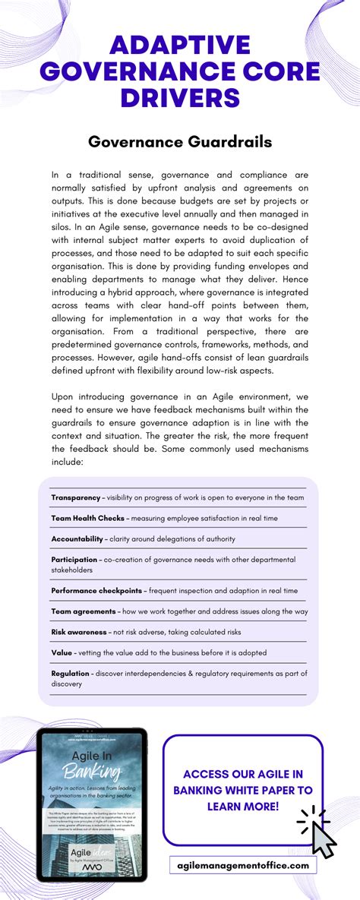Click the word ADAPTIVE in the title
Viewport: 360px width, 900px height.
point(179,46)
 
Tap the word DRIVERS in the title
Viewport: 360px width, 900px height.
point(179,98)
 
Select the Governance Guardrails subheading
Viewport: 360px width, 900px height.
point(180,141)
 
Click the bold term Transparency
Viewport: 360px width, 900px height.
point(75,497)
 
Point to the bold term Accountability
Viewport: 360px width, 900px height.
point(77,538)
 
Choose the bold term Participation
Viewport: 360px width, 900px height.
point(74,559)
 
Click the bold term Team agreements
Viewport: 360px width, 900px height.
point(84,611)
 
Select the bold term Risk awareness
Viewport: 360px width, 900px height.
point(79,631)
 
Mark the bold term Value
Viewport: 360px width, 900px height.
point(62,652)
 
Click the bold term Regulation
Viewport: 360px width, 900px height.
point(70,673)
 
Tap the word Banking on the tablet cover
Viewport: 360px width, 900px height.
point(93,773)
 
